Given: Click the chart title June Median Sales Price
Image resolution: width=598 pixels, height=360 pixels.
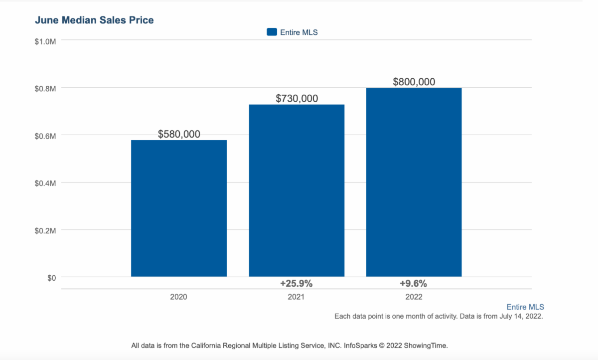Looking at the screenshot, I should click(x=94, y=20).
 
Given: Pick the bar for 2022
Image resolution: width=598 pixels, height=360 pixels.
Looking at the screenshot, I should click(x=414, y=182).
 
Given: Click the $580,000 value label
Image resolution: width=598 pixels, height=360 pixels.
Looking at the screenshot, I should click(x=179, y=134).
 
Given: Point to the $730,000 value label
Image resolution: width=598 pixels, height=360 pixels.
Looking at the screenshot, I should click(x=297, y=98).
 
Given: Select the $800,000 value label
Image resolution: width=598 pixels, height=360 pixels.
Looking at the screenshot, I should click(x=414, y=82).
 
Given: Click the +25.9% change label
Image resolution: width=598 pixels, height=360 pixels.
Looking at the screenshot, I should click(x=297, y=284).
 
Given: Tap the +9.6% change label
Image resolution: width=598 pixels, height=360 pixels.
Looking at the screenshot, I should click(x=414, y=284).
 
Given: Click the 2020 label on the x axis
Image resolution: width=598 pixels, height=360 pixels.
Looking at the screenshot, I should click(x=179, y=297).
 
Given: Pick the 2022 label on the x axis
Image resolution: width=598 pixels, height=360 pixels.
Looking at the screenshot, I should click(x=414, y=297).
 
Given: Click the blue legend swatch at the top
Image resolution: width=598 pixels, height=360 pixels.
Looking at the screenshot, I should click(x=272, y=32).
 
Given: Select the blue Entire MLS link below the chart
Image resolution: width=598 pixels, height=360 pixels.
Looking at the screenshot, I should click(x=525, y=307).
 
